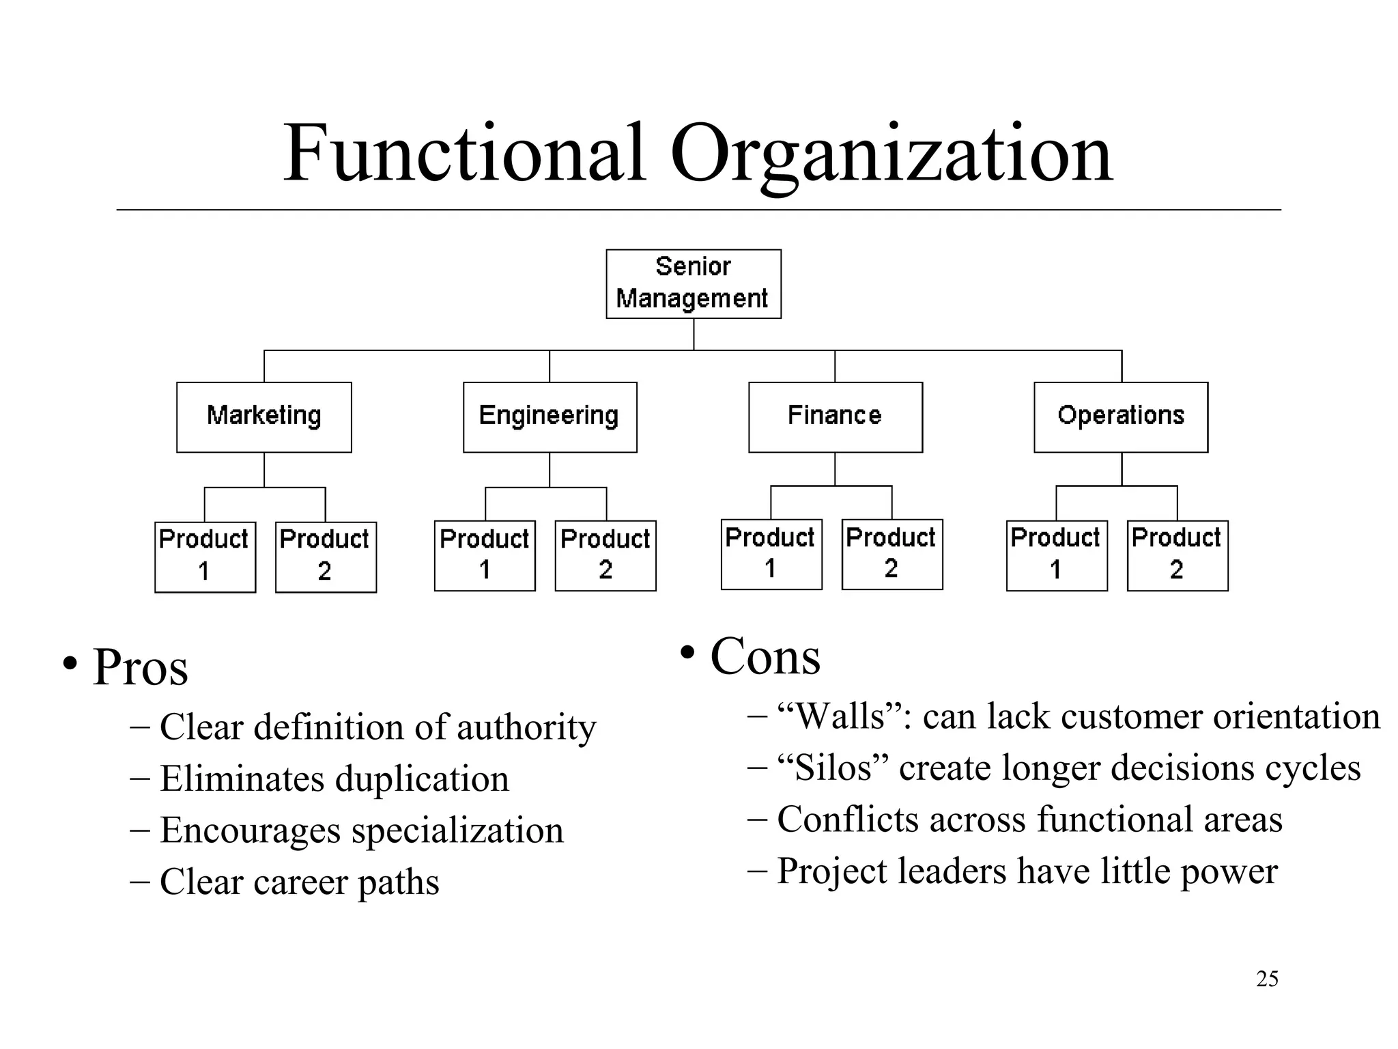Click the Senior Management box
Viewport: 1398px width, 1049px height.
[x=693, y=283]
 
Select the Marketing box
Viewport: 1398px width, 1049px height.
[x=263, y=417]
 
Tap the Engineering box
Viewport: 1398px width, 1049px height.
[x=550, y=417]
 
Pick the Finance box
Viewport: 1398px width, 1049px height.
[x=835, y=417]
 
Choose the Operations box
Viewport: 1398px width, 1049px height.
[x=1120, y=417]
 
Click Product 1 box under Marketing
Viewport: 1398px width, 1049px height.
[x=205, y=557]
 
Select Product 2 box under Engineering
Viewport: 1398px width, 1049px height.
[x=605, y=555]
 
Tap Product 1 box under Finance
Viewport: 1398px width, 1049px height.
[x=771, y=554]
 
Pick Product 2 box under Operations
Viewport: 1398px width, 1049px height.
[x=1177, y=555]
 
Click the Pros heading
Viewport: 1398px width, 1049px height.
[x=140, y=667]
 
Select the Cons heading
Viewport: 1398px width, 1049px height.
[x=765, y=657]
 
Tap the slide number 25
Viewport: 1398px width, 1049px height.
[x=1267, y=979]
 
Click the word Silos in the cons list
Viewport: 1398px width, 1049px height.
[x=833, y=768]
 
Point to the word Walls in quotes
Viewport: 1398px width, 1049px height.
[x=840, y=716]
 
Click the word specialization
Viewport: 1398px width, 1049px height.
[x=457, y=830]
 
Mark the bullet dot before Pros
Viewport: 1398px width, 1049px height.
[x=69, y=662]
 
